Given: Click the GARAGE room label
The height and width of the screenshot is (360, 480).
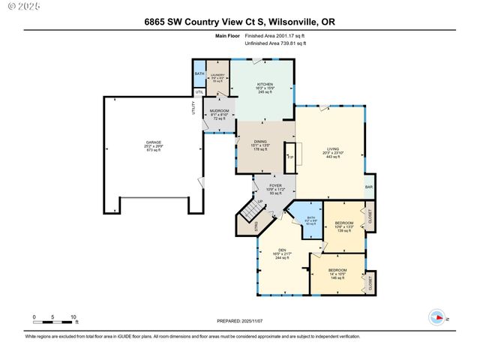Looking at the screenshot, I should (153, 142).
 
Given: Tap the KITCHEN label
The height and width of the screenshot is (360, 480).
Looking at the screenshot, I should (265, 84).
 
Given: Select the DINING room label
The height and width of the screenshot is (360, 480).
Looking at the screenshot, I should (260, 142).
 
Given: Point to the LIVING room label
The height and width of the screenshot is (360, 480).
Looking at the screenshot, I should (331, 149).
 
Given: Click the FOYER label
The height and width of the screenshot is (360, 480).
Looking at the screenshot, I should (274, 185).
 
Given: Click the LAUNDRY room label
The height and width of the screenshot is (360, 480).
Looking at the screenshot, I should (217, 75).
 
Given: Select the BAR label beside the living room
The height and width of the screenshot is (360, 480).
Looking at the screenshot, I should (368, 187).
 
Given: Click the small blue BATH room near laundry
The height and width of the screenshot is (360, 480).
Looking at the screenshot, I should (199, 73).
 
